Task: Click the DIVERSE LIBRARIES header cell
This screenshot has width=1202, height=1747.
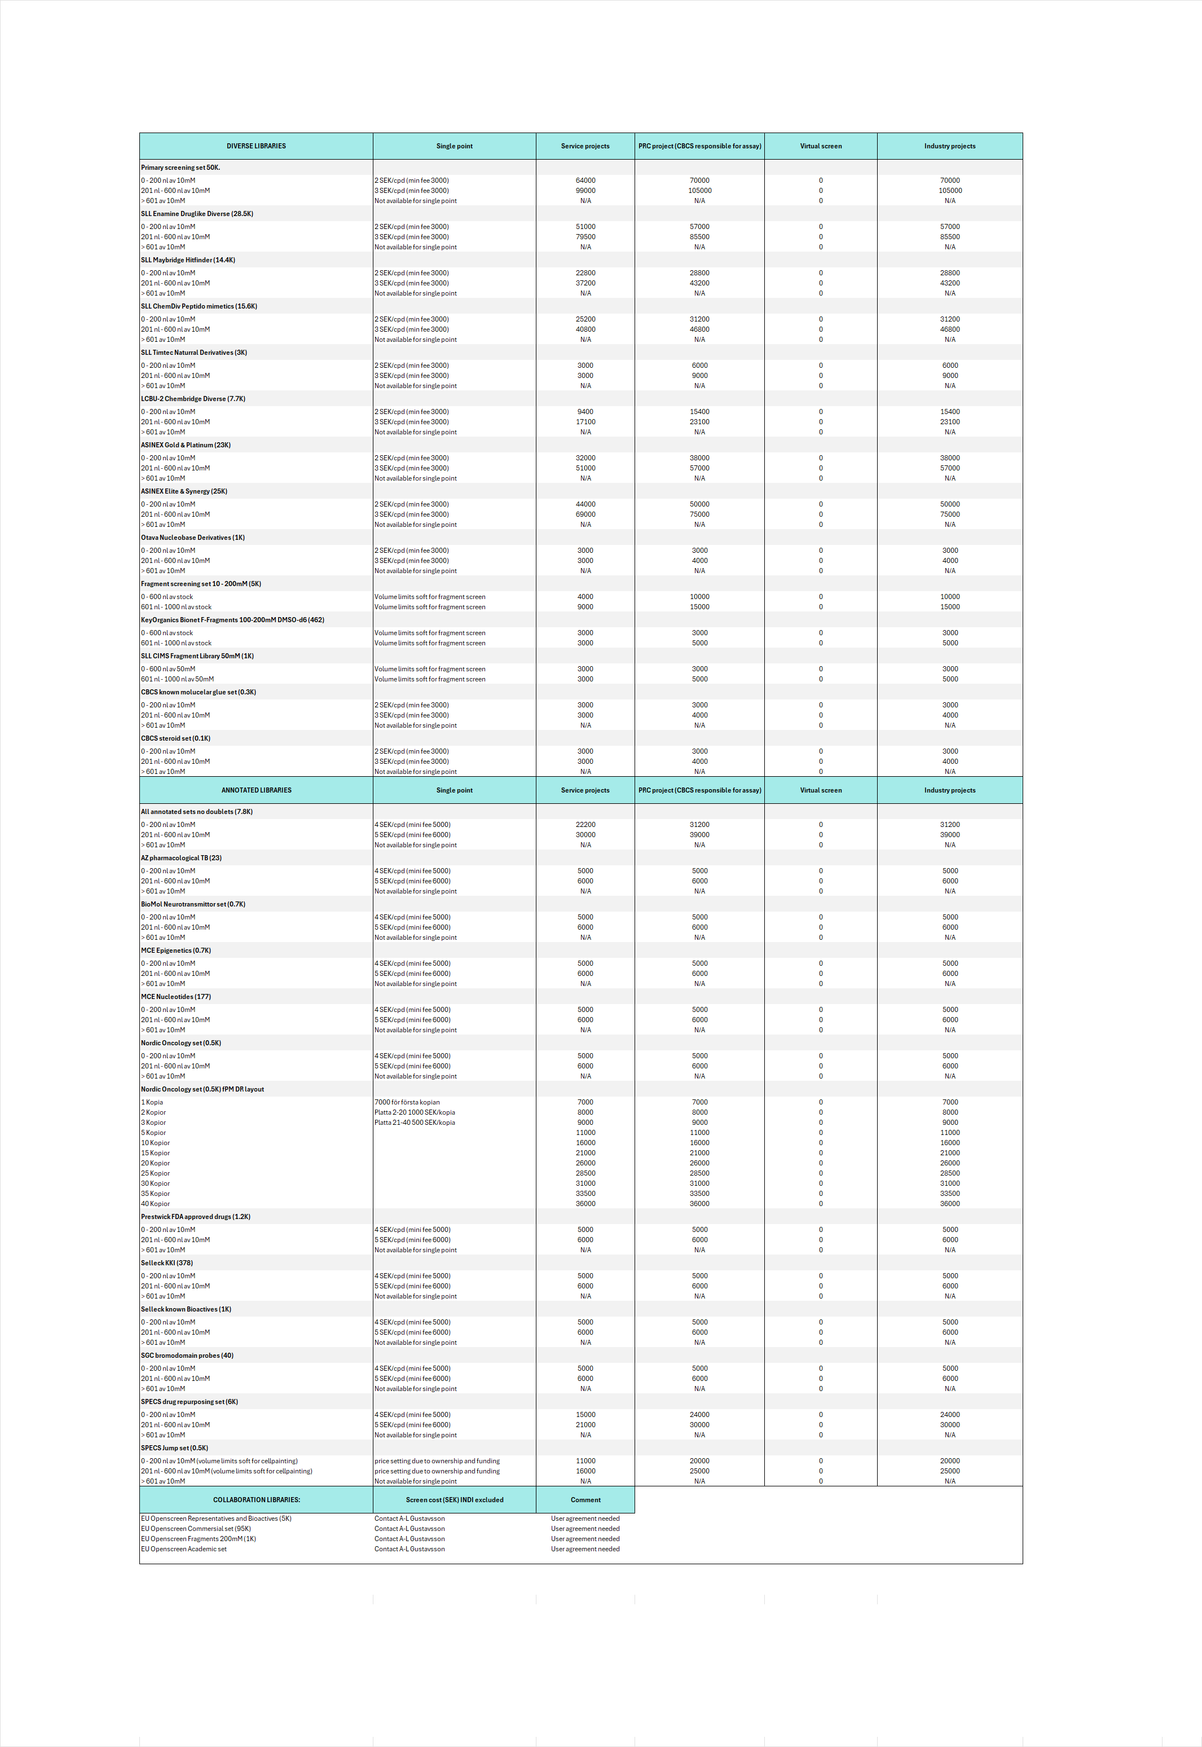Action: pyautogui.click(x=256, y=146)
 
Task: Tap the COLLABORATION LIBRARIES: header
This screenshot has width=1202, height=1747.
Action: pyautogui.click(x=256, y=1499)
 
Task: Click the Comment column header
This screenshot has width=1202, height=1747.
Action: pyautogui.click(x=585, y=1499)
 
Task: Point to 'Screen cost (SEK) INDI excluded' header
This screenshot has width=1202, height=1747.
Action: pyautogui.click(x=454, y=1499)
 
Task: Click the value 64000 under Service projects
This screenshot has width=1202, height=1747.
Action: pyautogui.click(x=585, y=181)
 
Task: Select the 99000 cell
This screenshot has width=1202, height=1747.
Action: pyautogui.click(x=585, y=191)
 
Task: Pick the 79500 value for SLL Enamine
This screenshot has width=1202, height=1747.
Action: pyautogui.click(x=585, y=236)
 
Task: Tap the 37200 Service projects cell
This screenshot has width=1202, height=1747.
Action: pyautogui.click(x=585, y=283)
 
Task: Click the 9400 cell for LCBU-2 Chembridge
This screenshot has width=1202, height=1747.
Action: pyautogui.click(x=585, y=412)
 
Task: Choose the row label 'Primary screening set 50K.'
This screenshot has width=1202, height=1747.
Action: pyautogui.click(x=180, y=167)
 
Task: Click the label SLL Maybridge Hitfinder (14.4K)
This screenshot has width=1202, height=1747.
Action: pyautogui.click(x=188, y=260)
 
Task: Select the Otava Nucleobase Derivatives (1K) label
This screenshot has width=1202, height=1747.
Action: pyautogui.click(x=193, y=538)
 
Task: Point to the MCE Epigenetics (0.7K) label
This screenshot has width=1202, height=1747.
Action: pyautogui.click(x=175, y=950)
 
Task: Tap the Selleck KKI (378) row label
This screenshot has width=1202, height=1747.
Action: pyautogui.click(x=166, y=1263)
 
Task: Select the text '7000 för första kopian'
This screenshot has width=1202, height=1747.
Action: pyautogui.click(x=407, y=1102)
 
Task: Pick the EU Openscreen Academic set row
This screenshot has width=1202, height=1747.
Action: pyautogui.click(x=184, y=1549)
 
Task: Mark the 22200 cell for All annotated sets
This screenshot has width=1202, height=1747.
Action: pyautogui.click(x=585, y=825)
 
